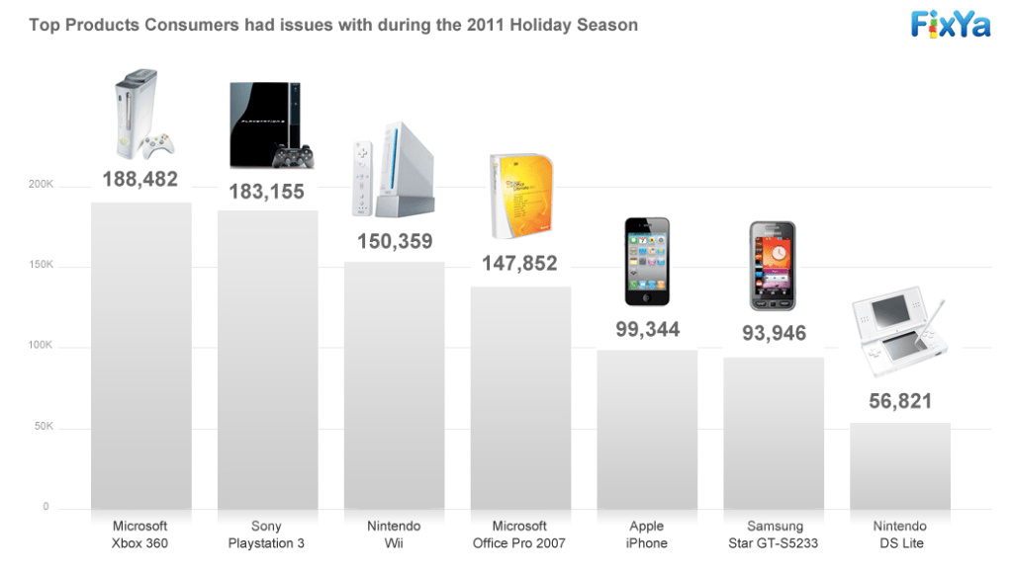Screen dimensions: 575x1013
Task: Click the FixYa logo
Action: click(951, 24)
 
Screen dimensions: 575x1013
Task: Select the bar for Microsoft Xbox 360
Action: click(140, 356)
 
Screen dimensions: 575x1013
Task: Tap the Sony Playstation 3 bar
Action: click(267, 360)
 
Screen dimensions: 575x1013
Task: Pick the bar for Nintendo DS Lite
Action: click(900, 466)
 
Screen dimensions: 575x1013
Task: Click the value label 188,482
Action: click(140, 179)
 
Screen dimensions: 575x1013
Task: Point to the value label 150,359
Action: click(394, 241)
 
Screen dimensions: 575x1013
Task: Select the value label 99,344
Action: click(647, 330)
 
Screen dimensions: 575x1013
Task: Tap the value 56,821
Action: click(900, 402)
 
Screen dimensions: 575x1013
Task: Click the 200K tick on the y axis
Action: click(41, 185)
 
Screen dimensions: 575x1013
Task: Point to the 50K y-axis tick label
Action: click(41, 428)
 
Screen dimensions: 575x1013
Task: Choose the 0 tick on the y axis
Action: click(46, 507)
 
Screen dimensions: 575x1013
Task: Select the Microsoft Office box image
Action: click(521, 196)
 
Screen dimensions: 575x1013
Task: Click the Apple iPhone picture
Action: click(647, 262)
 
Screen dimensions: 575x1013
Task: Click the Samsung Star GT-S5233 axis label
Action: click(774, 534)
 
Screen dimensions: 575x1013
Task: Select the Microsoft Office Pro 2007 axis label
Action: click(519, 534)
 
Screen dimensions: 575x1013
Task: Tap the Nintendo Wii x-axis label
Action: click(394, 534)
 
